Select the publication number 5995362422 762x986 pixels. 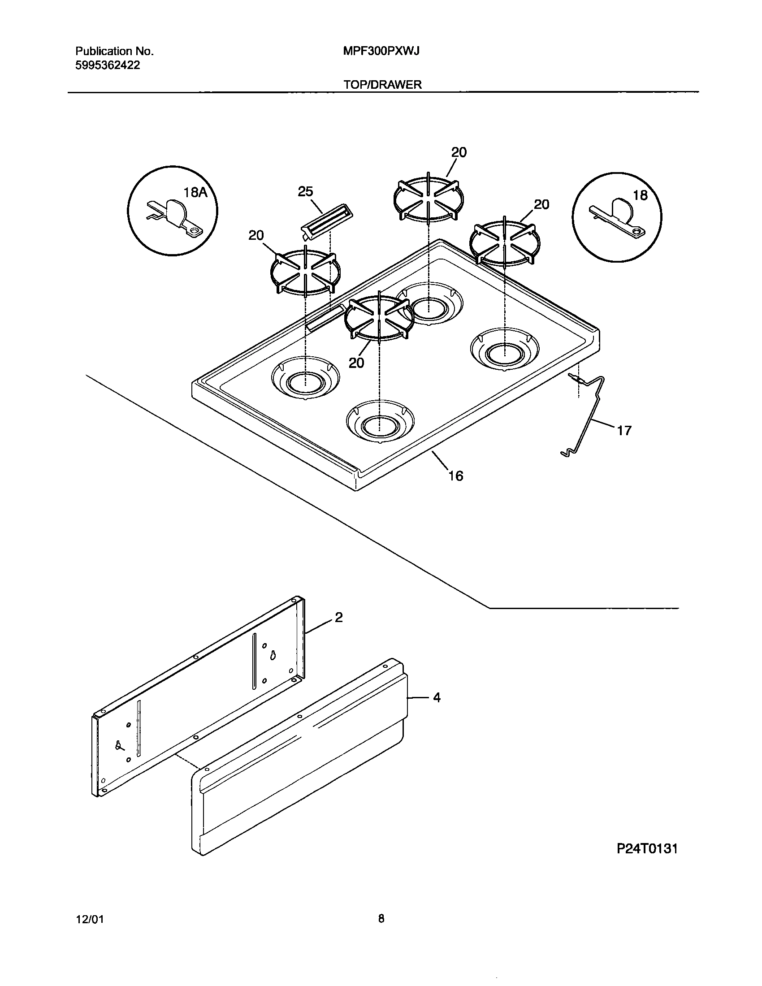tap(108, 65)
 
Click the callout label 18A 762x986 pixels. tap(195, 193)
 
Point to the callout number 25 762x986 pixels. tap(305, 192)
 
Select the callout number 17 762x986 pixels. tap(624, 431)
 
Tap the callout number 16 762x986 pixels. tap(456, 476)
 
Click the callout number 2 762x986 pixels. tap(338, 617)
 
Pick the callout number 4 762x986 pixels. tap(437, 697)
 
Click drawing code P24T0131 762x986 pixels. tap(647, 849)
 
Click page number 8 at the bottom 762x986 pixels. tap(381, 918)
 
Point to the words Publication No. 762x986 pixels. tap(115, 52)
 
